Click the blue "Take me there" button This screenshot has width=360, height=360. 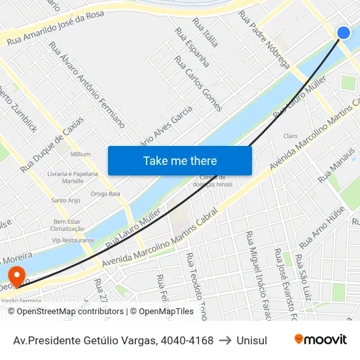click(180, 160)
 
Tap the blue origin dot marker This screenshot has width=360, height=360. click(344, 33)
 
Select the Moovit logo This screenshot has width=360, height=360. click(321, 339)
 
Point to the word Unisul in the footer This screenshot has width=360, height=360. click(252, 340)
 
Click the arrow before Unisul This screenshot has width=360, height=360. click(225, 340)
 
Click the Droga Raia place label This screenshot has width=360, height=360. click(105, 194)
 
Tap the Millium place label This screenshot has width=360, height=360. click(81, 154)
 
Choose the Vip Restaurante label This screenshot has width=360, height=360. click(73, 240)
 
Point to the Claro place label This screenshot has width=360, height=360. click(291, 136)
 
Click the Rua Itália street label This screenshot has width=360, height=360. click(206, 33)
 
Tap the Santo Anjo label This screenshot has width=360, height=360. click(65, 200)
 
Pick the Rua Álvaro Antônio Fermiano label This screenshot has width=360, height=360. click(87, 84)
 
